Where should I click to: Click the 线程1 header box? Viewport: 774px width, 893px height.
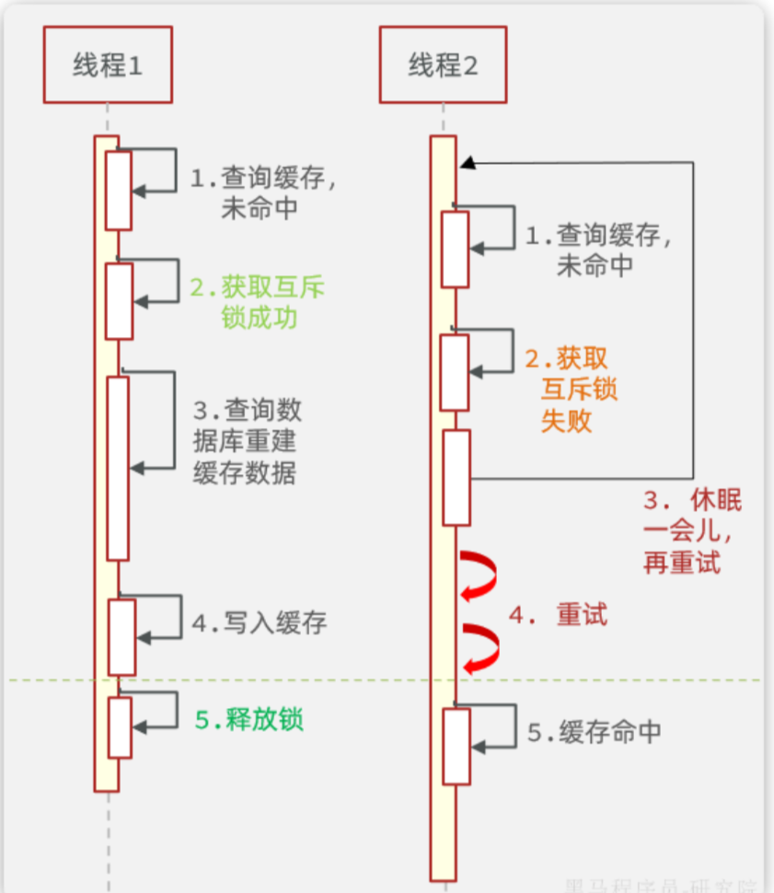coord(108,65)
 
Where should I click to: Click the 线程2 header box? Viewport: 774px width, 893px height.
coord(443,65)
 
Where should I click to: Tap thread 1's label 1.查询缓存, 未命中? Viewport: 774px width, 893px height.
coord(262,192)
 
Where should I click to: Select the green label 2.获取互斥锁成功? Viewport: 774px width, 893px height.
coord(258,303)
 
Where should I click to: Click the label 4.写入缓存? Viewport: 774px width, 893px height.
coord(260,623)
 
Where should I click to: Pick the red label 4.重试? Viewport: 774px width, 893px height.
coord(558,615)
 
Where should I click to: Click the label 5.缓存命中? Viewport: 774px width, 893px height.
coord(594,732)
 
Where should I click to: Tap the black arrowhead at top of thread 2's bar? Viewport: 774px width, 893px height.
coord(468,163)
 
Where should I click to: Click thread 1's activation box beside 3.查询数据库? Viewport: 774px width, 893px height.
coord(118,468)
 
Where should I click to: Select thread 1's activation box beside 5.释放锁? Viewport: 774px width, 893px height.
coord(120,726)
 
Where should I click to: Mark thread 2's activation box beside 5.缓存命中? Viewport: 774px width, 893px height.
coord(456,746)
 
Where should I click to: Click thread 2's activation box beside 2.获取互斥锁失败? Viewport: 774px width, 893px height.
coord(455,372)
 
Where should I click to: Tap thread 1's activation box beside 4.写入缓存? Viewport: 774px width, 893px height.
coord(121,637)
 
